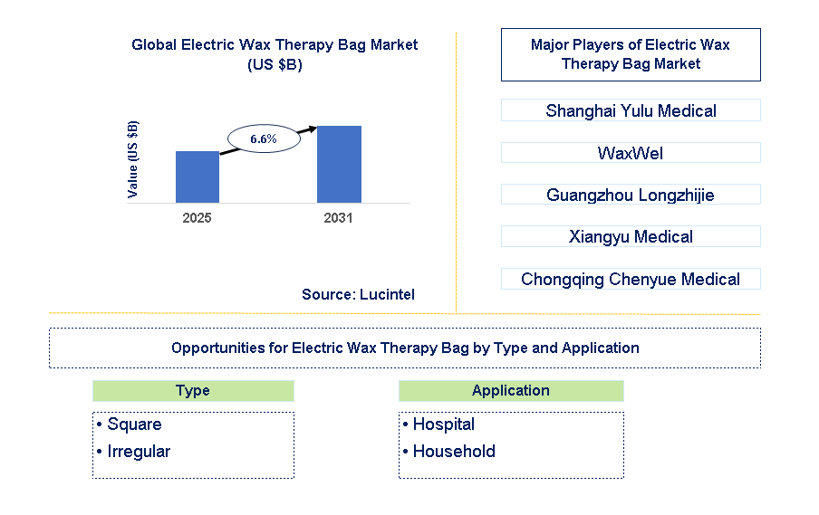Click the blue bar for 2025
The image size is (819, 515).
pyautogui.click(x=197, y=176)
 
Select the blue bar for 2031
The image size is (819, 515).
pyautogui.click(x=339, y=164)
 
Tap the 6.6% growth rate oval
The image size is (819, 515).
pyautogui.click(x=263, y=138)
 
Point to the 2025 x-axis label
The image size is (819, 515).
pyautogui.click(x=197, y=218)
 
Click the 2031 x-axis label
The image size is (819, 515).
pyautogui.click(x=339, y=218)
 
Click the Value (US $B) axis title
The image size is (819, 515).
pyautogui.click(x=133, y=159)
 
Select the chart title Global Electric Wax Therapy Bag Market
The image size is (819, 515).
pyautogui.click(x=275, y=44)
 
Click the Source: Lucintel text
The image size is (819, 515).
pyautogui.click(x=358, y=294)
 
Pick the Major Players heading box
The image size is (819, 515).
pyautogui.click(x=630, y=54)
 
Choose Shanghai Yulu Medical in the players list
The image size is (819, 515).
pyautogui.click(x=630, y=110)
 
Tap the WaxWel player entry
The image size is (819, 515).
pyautogui.click(x=630, y=153)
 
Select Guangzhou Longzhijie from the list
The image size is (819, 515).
pyautogui.click(x=630, y=195)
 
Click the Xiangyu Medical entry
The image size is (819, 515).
pyautogui.click(x=630, y=237)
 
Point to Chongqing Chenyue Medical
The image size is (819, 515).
pyautogui.click(x=630, y=279)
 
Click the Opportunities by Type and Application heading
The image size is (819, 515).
pyautogui.click(x=404, y=348)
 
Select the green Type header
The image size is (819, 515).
pyautogui.click(x=193, y=390)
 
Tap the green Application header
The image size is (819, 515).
pyautogui.click(x=510, y=390)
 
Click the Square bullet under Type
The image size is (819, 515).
pyautogui.click(x=133, y=424)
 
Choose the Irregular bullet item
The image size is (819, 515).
pyautogui.click(x=138, y=452)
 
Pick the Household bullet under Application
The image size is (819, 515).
pyautogui.click(x=453, y=452)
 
